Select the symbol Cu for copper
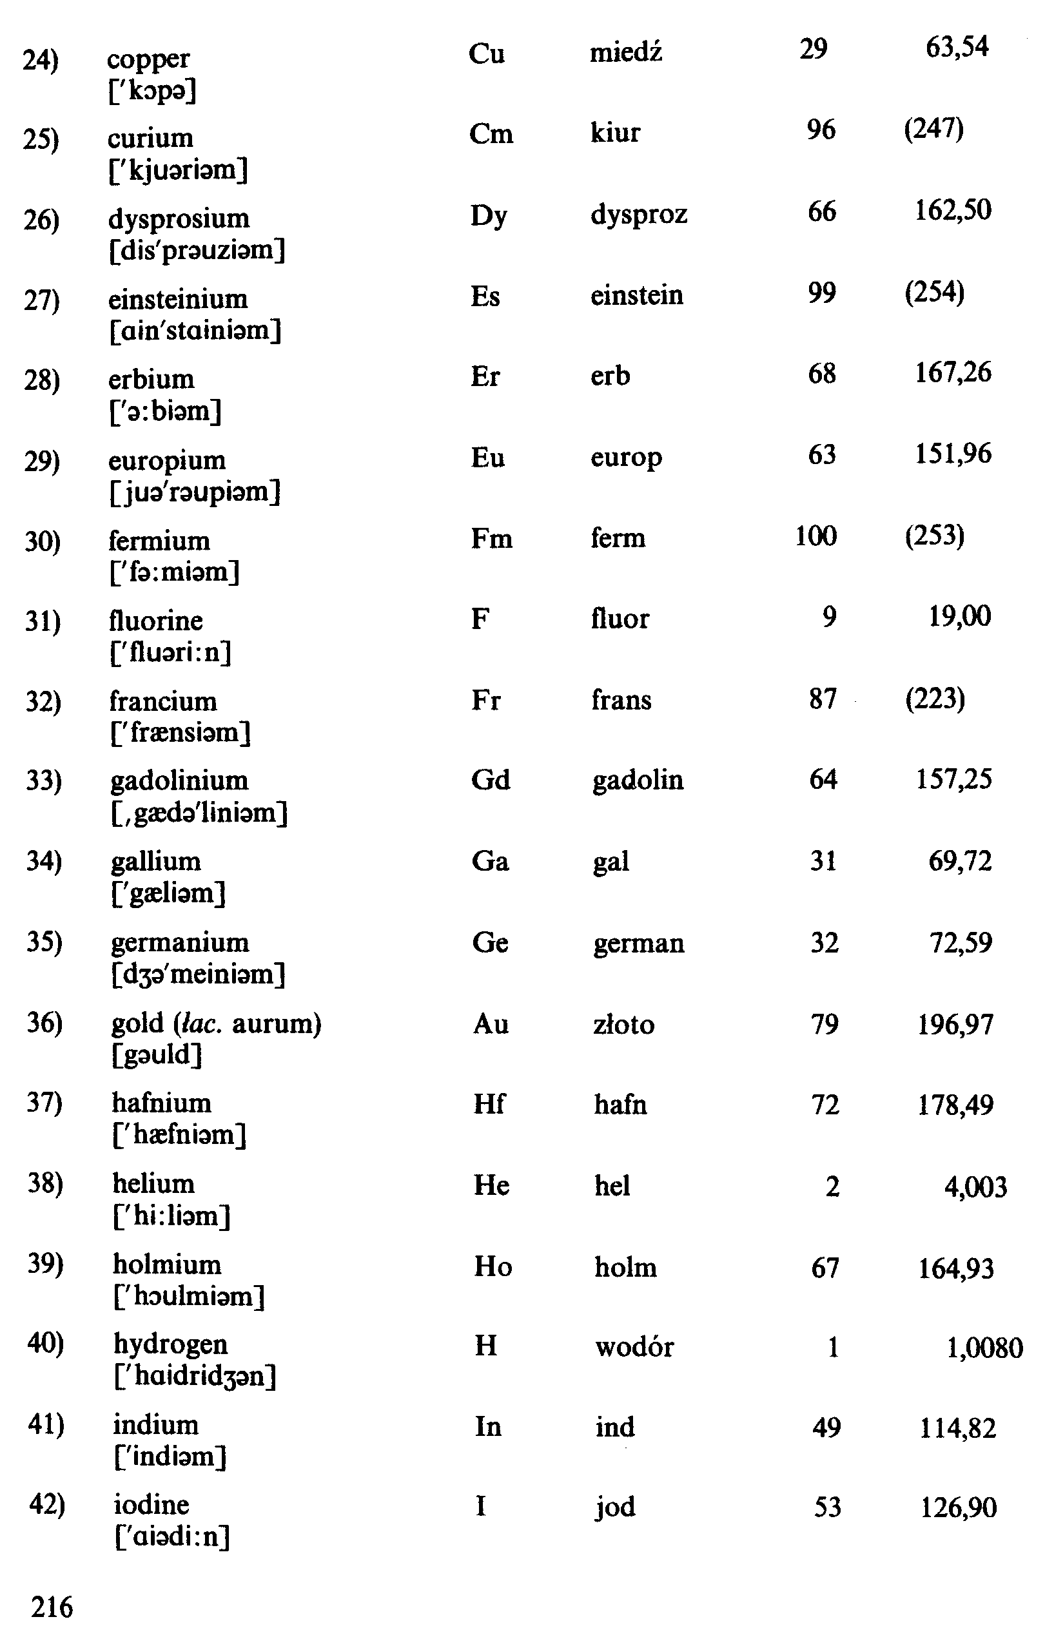click(x=486, y=53)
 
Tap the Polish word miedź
click(x=625, y=52)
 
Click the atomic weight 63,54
click(x=957, y=48)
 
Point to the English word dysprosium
click(x=179, y=219)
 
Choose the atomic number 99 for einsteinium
click(x=821, y=293)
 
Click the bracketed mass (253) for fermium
click(x=934, y=536)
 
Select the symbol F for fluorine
click(x=480, y=619)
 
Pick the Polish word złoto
click(x=623, y=1024)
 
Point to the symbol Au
click(x=490, y=1023)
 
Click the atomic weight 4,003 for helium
click(x=975, y=1187)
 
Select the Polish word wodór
click(x=634, y=1347)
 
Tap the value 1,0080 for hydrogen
click(x=984, y=1348)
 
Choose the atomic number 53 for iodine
click(x=828, y=1507)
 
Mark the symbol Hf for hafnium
click(x=489, y=1104)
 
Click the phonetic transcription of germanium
click(x=198, y=974)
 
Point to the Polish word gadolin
click(x=637, y=780)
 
